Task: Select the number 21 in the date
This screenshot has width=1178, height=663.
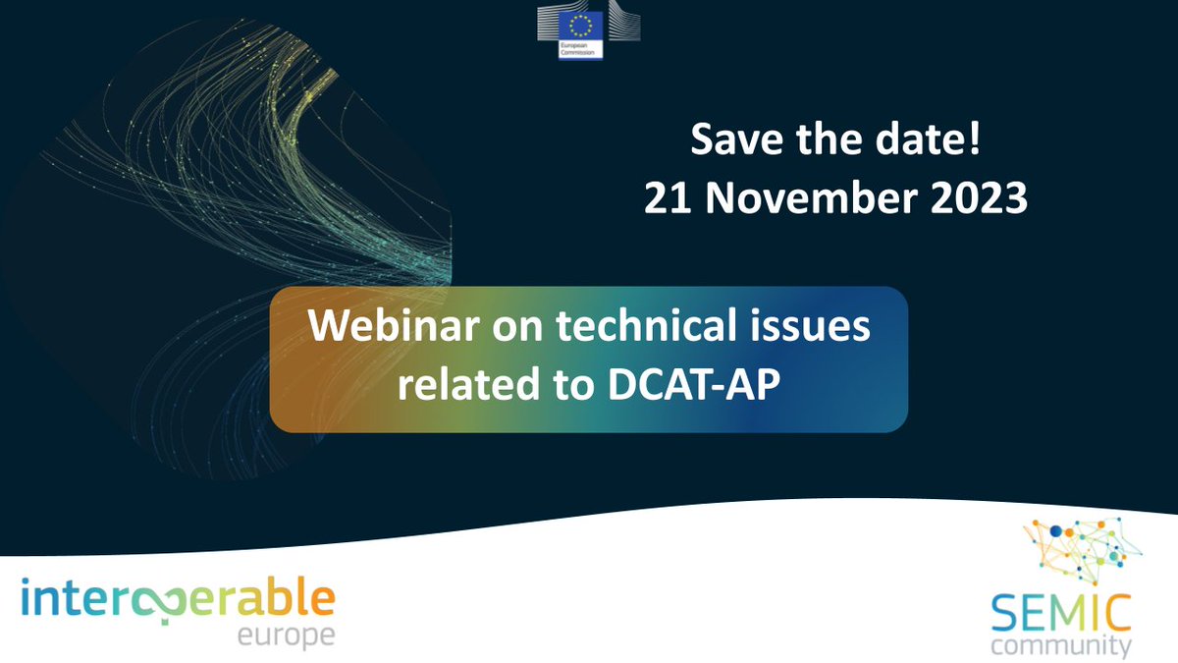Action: (x=666, y=199)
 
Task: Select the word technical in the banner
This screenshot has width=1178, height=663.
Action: (x=638, y=327)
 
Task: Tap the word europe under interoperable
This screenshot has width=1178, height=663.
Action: (x=286, y=636)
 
